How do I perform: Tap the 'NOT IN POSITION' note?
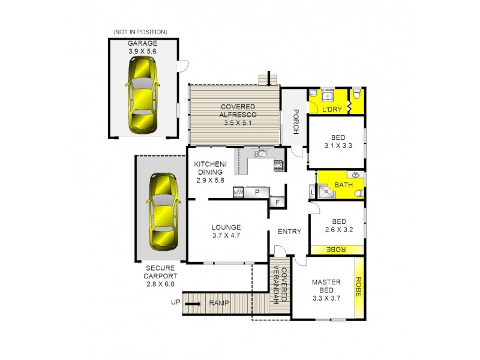140,31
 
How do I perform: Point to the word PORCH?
296,118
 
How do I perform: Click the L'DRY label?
331,110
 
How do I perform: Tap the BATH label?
343,185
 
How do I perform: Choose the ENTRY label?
289,231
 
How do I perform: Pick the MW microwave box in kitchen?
238,193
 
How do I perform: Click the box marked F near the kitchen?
277,202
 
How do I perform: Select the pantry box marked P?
257,193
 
